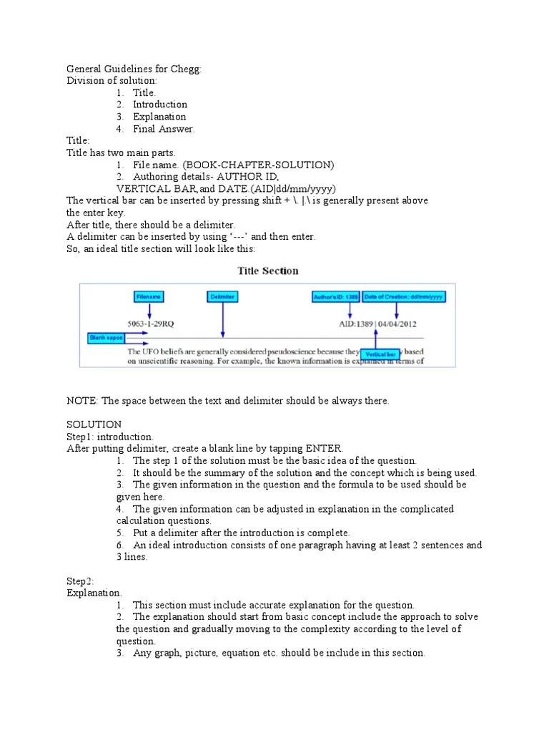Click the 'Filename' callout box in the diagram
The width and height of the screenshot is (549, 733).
tap(149, 296)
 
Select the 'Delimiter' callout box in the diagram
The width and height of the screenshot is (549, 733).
tap(222, 296)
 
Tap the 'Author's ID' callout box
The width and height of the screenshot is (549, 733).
tap(335, 296)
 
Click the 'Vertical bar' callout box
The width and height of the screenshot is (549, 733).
tap(380, 354)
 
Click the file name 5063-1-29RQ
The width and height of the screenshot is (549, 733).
tap(150, 324)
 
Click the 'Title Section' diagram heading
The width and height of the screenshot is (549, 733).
tap(267, 271)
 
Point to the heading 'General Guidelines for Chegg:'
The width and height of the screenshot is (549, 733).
tap(134, 69)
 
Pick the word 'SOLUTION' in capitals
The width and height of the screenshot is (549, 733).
tap(94, 424)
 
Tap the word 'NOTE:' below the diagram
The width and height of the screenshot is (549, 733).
tap(81, 401)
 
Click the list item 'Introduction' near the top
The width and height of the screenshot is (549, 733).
tap(160, 105)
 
